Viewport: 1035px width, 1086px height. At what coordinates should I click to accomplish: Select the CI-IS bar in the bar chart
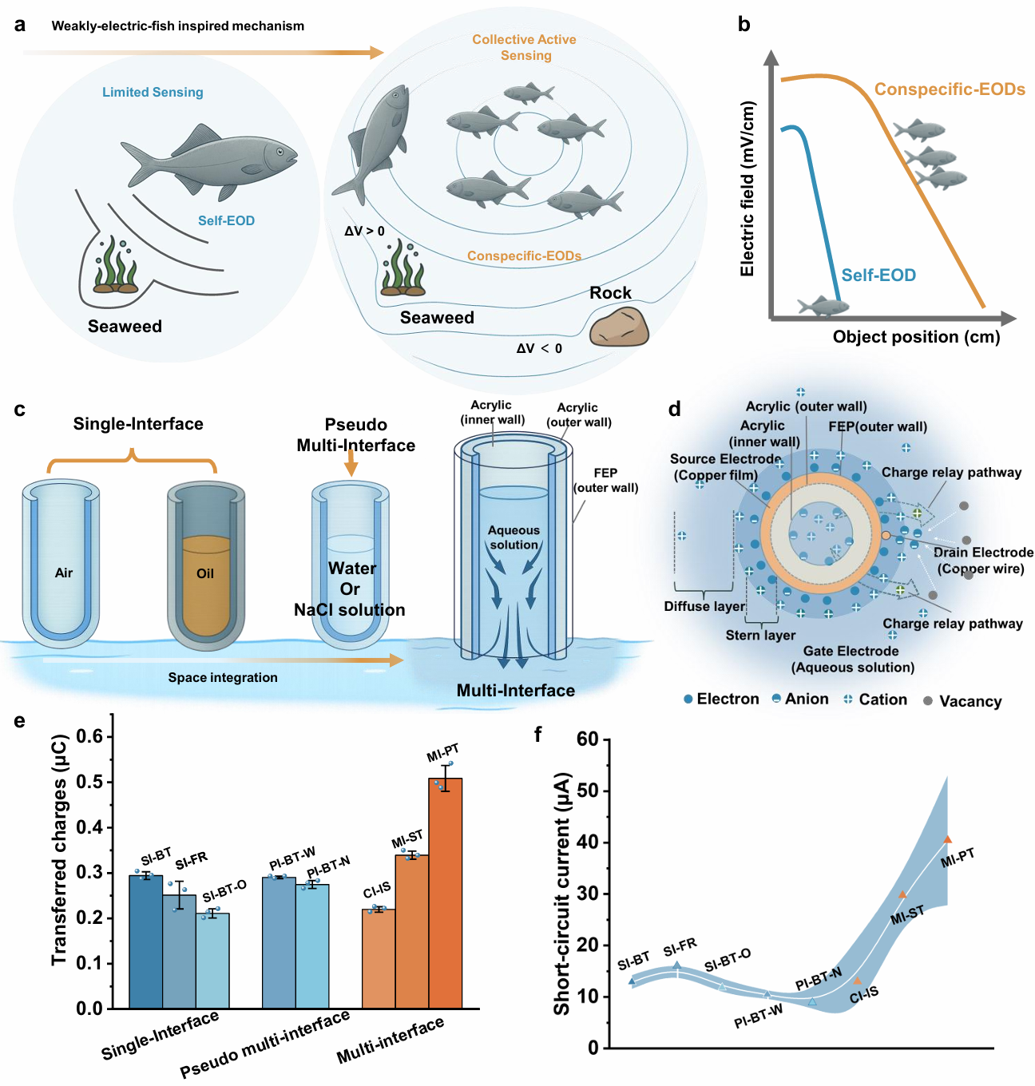click(x=379, y=958)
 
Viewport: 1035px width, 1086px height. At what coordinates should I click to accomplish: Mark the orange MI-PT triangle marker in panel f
click(x=947, y=839)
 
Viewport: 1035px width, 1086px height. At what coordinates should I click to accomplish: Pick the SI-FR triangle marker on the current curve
click(x=677, y=965)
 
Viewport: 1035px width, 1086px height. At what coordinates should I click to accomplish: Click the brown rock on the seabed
click(x=619, y=327)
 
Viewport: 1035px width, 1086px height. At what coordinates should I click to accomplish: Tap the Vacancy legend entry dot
click(x=928, y=700)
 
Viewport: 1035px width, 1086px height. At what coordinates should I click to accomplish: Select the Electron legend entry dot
click(x=688, y=699)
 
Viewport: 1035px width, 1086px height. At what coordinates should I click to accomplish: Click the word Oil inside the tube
click(x=205, y=573)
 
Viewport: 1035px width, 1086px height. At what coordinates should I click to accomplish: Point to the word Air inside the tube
click(x=64, y=573)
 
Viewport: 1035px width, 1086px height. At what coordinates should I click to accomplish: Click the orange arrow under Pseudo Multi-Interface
click(x=351, y=463)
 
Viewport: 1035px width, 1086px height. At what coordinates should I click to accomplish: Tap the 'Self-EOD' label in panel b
click(x=878, y=275)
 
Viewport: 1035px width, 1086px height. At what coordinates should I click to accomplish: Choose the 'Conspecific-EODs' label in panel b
click(x=950, y=89)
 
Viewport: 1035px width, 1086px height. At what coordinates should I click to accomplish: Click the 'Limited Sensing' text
click(x=153, y=93)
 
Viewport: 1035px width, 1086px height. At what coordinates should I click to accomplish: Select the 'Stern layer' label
click(x=760, y=636)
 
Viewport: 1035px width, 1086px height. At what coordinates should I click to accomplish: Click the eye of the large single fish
click(x=280, y=152)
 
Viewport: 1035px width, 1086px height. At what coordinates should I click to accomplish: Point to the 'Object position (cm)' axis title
click(x=916, y=337)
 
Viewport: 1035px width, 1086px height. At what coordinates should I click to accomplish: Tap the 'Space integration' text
click(x=223, y=678)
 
